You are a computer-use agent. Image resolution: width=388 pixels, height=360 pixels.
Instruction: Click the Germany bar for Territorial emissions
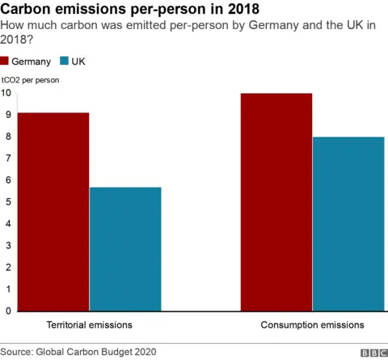click(x=53, y=211)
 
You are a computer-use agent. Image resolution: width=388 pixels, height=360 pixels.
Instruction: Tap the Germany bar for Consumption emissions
click(x=276, y=201)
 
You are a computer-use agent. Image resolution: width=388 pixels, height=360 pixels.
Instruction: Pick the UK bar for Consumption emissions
click(x=348, y=223)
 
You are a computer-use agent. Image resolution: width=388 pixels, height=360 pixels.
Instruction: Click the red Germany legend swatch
click(x=6, y=61)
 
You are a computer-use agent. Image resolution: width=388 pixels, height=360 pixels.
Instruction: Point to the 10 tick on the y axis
click(x=6, y=93)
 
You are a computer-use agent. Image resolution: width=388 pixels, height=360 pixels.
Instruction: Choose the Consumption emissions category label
click(x=312, y=324)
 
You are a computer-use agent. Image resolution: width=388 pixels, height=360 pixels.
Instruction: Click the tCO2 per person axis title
click(x=30, y=80)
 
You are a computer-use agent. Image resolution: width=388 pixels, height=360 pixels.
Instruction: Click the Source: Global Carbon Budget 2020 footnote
click(x=78, y=352)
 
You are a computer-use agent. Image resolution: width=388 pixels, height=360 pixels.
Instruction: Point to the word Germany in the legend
click(x=32, y=62)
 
